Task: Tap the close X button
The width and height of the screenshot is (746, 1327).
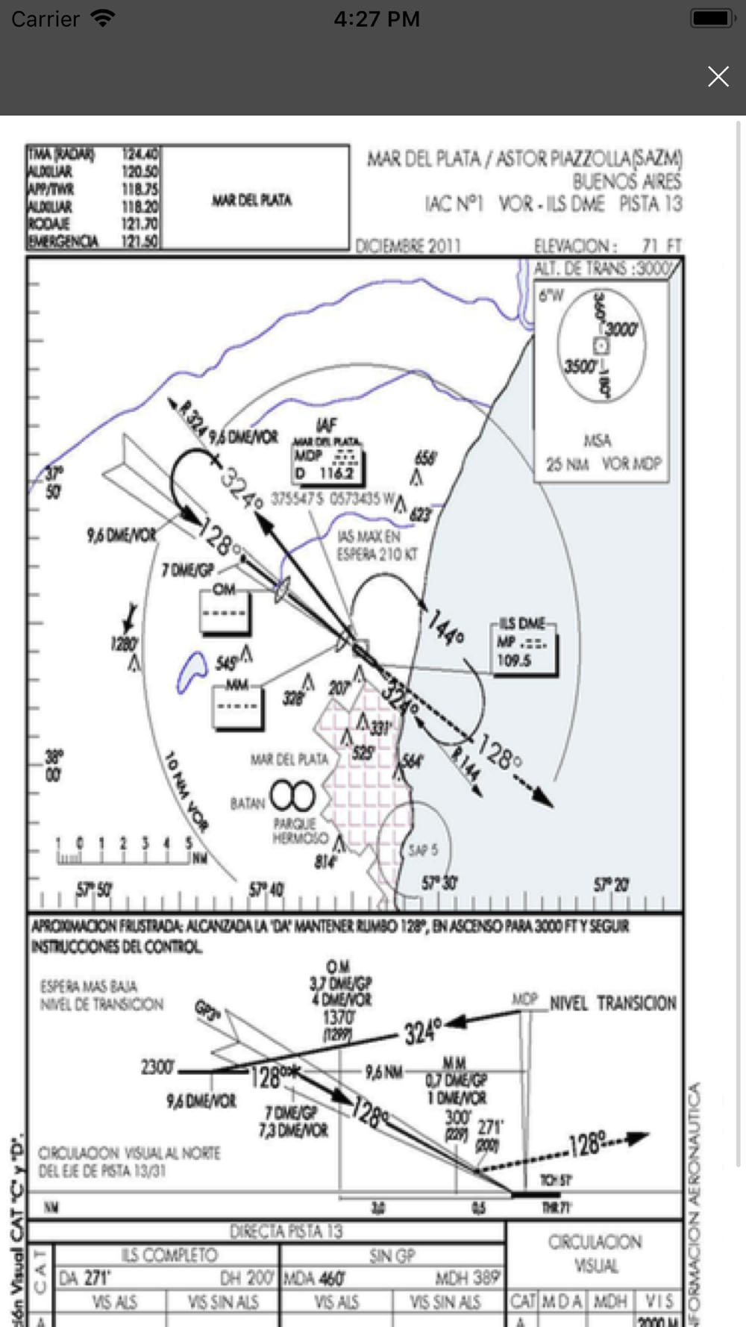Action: pos(718,76)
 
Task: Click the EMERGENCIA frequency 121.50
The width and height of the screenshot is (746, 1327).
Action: pos(140,241)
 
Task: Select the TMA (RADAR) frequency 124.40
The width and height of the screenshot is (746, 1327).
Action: pos(140,154)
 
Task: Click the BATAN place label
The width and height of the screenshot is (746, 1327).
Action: pos(248,803)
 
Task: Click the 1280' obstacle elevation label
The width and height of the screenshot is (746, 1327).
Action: pos(125,643)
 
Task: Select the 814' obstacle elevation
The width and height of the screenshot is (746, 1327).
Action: pos(325,862)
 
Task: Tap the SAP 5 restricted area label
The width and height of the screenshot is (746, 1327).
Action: pos(423,850)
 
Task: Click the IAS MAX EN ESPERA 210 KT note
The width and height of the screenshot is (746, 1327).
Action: pos(377,546)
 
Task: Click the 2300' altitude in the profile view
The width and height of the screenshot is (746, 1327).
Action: pos(157,1067)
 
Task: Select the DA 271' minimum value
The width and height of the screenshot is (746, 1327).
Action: pos(85,1278)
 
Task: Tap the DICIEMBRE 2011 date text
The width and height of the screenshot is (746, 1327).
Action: pos(408,246)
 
